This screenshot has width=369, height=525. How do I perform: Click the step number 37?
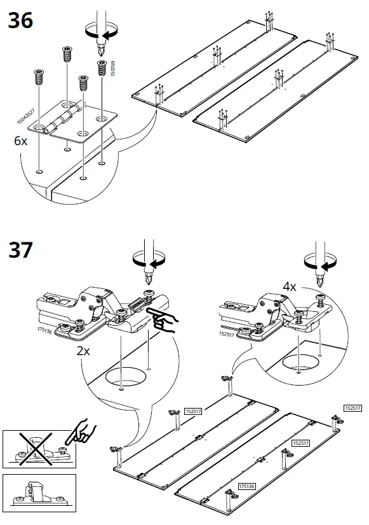tap(20, 250)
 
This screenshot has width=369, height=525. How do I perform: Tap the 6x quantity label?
tap(21, 141)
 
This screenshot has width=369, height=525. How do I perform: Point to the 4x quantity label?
tap(290, 286)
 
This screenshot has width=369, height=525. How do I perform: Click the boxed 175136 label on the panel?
tap(247, 486)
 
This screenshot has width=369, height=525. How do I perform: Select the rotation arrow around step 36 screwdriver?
tap(100, 33)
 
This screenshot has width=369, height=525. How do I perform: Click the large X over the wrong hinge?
tap(39, 447)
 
